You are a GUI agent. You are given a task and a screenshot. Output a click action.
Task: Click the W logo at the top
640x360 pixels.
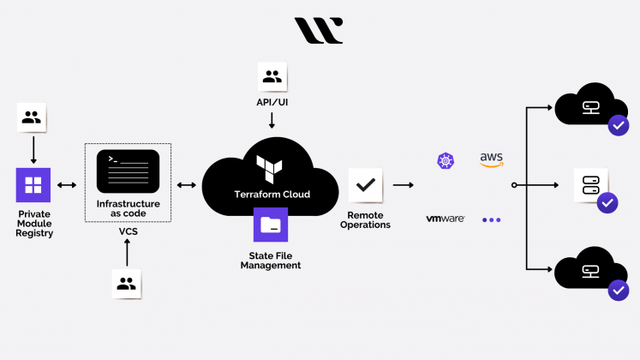coord(319,30)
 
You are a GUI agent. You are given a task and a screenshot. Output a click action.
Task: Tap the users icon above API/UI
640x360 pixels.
coord(272,77)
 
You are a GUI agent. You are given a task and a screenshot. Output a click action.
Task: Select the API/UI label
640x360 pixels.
coord(272,102)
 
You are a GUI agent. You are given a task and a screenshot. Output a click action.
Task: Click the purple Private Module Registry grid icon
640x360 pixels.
coord(33,185)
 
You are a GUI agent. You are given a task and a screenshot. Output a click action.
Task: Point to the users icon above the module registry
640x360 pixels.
coord(33,118)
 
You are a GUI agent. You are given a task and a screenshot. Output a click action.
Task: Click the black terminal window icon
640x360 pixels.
coord(128,171)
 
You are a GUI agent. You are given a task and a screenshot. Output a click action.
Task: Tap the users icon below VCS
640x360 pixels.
coord(128,284)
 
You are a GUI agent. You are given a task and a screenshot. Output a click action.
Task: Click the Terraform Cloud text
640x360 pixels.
coord(272,195)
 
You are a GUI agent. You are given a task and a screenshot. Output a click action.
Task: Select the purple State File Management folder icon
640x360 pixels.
coord(271,225)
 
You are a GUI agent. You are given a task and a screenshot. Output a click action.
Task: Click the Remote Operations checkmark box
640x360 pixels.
coord(366,184)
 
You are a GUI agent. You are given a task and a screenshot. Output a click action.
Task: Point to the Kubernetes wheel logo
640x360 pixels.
coord(445,160)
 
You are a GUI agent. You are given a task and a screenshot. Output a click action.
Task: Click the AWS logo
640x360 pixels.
coord(491,159)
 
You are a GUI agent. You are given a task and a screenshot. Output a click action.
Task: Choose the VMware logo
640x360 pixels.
coord(446,219)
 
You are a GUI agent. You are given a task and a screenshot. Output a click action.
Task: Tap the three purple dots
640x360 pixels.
coord(491,219)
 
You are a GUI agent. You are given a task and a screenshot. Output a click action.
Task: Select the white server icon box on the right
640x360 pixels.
coord(590,185)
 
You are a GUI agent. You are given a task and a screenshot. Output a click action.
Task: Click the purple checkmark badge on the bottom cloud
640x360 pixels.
coord(619,291)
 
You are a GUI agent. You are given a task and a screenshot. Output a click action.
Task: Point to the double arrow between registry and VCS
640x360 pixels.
coord(68,185)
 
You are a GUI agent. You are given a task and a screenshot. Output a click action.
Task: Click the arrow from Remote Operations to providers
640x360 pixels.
coord(404,185)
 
